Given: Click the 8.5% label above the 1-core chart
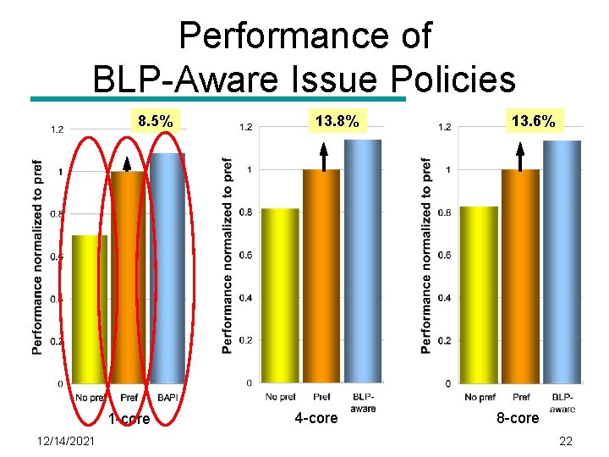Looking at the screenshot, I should (156, 122).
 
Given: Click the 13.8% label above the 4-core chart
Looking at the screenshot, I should (337, 122).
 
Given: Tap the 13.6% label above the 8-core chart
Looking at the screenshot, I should (533, 122).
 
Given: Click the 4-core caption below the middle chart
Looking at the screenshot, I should (315, 418).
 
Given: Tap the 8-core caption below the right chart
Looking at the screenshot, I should (517, 418).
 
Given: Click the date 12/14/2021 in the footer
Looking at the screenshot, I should (66, 441).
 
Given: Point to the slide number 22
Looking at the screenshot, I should (566, 441).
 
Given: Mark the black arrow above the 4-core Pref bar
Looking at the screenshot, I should (323, 157).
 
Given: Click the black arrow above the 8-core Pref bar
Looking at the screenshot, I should (520, 157).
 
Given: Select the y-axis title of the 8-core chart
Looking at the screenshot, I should (426, 256).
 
